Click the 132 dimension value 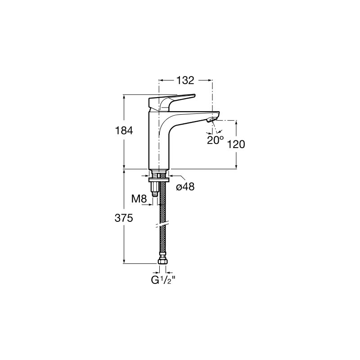pos(185,81)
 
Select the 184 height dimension pos(124,130)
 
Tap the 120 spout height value pos(236,144)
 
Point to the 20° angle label pos(215,140)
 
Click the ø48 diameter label pos(185,187)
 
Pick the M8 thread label pos(139,199)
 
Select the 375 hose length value pos(124,218)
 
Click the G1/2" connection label pos(163,280)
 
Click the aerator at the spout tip pos(211,120)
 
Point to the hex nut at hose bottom pos(162,261)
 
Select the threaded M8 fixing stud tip pos(155,194)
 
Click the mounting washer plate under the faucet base pos(159,179)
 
